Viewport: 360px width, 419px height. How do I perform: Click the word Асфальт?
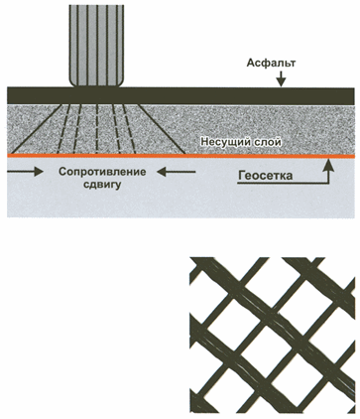[271, 63]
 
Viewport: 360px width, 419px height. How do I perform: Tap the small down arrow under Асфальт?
[281, 79]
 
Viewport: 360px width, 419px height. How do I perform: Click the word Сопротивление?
[102, 172]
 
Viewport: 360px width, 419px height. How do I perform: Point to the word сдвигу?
[102, 184]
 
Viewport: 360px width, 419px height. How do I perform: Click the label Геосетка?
[265, 176]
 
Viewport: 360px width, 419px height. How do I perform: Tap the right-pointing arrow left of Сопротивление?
[25, 172]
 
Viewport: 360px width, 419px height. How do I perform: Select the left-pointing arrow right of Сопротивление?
[176, 172]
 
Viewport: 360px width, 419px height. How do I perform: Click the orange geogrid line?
[180, 155]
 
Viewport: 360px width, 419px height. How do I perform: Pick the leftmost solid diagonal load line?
[35, 129]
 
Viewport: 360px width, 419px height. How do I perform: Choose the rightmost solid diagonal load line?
[161, 129]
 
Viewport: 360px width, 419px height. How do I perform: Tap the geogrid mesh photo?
[272, 336]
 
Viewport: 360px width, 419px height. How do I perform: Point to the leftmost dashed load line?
[64, 129]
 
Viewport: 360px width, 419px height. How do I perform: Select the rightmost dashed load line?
[131, 129]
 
